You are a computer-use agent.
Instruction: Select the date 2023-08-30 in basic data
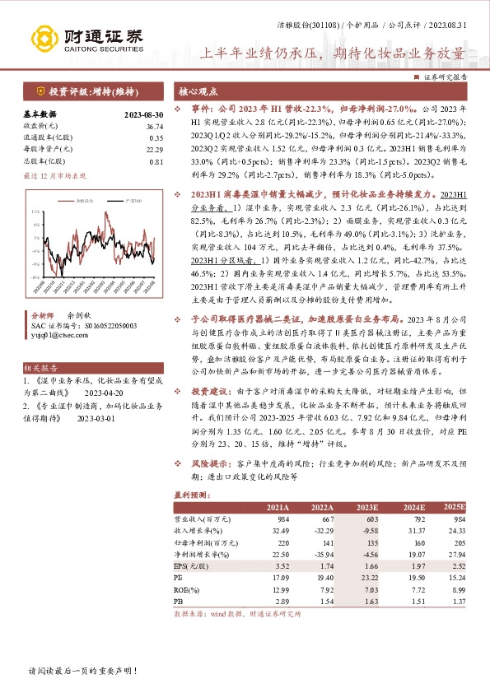pos(143,114)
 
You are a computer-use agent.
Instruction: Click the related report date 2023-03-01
pos(96,418)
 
